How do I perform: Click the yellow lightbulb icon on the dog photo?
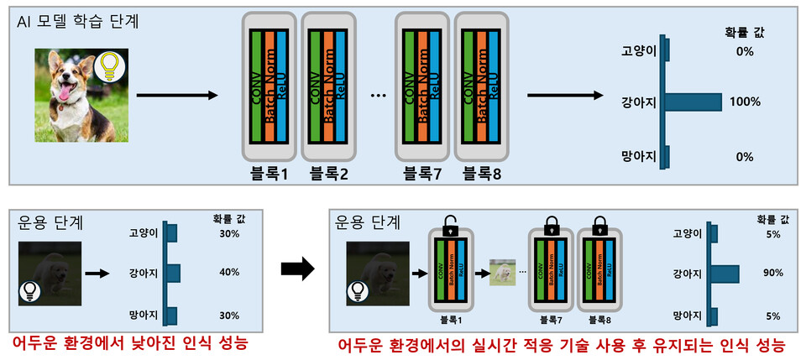107,66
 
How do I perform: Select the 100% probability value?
744,102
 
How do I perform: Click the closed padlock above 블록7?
552,225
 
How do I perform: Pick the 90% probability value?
773,274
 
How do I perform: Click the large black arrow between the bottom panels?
296,269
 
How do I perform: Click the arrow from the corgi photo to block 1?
172,95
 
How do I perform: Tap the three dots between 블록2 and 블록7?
377,95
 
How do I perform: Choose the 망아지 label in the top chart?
638,157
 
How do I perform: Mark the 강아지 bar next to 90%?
726,274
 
